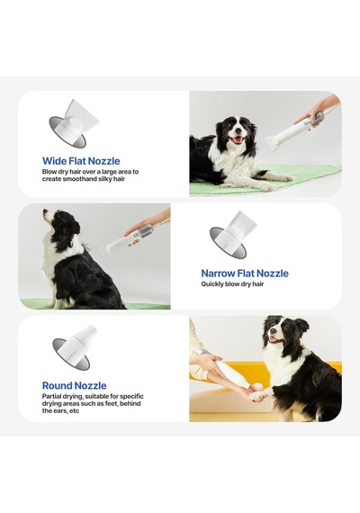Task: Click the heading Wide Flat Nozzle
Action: click(x=81, y=161)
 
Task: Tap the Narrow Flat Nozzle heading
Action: click(x=245, y=274)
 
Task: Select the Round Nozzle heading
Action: click(x=75, y=385)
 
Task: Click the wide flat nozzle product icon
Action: click(x=73, y=123)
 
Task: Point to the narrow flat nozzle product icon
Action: click(x=233, y=235)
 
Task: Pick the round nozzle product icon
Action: click(x=75, y=347)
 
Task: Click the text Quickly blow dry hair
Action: click(x=232, y=284)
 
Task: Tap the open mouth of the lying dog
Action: click(x=237, y=139)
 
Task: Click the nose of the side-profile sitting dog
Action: click(x=45, y=211)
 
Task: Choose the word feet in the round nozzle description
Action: click(x=112, y=403)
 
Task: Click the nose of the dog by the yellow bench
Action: click(x=272, y=331)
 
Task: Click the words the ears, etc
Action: click(x=60, y=410)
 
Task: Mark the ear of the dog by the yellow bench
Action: click(x=301, y=326)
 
